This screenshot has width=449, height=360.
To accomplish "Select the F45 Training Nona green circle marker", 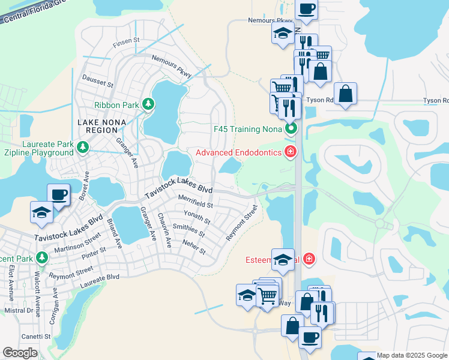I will (x=291, y=128).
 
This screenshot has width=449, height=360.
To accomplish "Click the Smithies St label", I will (x=188, y=230).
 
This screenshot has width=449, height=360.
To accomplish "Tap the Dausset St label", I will (x=97, y=82).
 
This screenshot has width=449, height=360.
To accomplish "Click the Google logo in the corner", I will (x=19, y=352).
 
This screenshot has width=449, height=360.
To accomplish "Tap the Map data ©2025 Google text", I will (x=412, y=355).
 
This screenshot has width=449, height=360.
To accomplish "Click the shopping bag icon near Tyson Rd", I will (x=346, y=94).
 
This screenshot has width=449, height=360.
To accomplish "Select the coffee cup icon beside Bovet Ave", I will (x=59, y=194).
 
